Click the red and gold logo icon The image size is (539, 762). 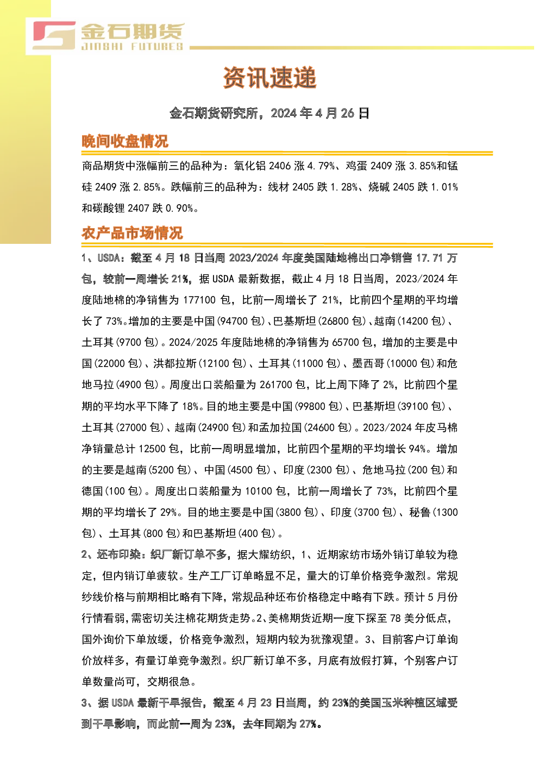(54, 35)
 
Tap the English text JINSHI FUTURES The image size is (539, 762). (133, 47)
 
